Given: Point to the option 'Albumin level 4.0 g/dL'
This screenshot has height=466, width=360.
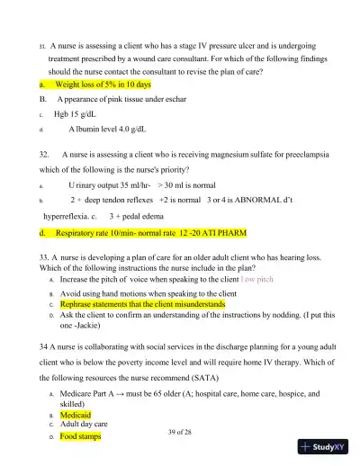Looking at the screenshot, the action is [x=107, y=130].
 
